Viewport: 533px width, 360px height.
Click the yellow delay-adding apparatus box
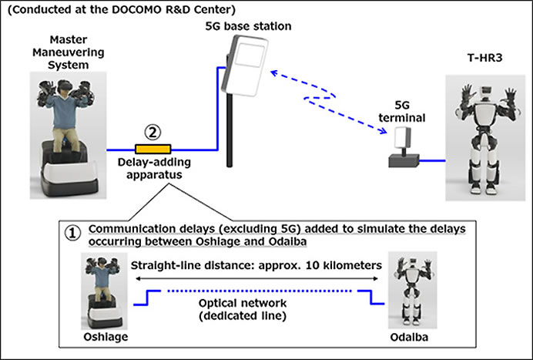[153, 149]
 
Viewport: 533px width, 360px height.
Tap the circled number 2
[153, 132]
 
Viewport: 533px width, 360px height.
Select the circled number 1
[72, 234]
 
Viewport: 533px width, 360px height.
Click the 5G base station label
[248, 26]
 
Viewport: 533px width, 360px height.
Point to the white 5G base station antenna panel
[245, 66]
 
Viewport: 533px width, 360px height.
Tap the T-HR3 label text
[484, 58]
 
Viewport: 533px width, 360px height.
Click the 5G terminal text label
[402, 111]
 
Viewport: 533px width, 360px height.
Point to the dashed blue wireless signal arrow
[328, 102]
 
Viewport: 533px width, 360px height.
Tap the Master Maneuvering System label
[69, 52]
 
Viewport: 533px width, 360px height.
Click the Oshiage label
[106, 337]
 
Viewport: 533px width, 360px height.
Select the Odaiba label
[409, 337]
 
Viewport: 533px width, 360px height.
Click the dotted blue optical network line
[260, 291]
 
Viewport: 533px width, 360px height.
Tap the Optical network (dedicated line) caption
[243, 309]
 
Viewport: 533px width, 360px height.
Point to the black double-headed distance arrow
[256, 279]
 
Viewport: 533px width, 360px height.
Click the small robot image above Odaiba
[412, 290]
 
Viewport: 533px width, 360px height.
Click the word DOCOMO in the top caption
[136, 9]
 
